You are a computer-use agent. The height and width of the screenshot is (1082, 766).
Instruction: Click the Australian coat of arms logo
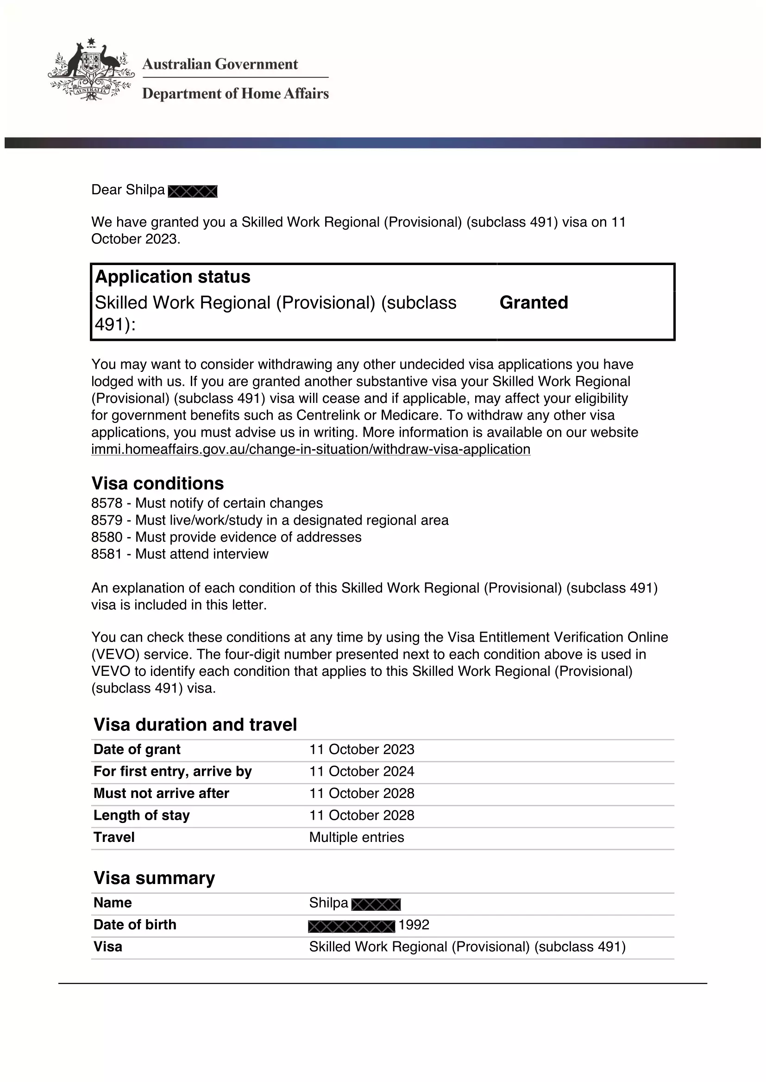click(91, 70)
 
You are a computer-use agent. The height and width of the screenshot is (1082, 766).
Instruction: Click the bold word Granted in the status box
click(534, 303)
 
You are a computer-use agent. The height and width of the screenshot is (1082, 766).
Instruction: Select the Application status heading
click(173, 277)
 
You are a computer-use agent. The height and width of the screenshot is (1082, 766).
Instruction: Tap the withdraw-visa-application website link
click(310, 449)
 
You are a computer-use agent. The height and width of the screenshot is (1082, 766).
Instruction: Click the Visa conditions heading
click(157, 483)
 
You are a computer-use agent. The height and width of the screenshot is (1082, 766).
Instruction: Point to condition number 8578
click(107, 503)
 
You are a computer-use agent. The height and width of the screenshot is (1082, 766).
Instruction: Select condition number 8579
click(107, 520)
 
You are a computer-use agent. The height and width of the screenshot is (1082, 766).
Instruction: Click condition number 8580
click(107, 537)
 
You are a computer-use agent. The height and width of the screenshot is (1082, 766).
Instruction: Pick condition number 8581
click(107, 554)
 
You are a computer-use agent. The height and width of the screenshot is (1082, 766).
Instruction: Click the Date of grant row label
click(137, 749)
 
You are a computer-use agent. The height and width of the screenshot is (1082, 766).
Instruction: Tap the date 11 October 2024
click(361, 772)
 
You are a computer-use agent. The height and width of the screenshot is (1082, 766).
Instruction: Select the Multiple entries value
click(357, 837)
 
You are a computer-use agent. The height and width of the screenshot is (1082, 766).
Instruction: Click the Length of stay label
click(142, 815)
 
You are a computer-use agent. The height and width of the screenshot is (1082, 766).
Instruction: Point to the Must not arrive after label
click(161, 794)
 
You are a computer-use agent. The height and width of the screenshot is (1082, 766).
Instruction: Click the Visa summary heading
click(154, 878)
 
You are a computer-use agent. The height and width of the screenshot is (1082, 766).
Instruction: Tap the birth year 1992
click(414, 925)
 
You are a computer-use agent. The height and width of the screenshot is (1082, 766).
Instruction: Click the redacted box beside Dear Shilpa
click(193, 192)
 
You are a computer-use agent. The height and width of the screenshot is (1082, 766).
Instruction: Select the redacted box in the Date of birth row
click(352, 926)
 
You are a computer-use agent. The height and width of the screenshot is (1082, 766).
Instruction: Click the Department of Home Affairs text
click(235, 93)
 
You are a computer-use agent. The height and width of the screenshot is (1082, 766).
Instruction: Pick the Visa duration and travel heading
click(195, 725)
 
